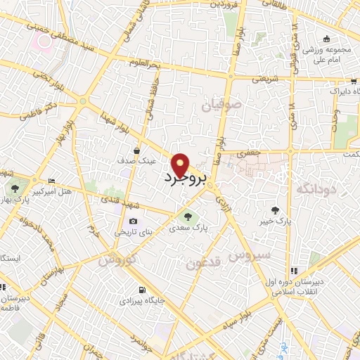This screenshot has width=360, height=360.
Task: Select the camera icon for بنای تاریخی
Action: pyautogui.click(x=133, y=221)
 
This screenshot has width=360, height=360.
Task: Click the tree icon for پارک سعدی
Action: pyautogui.click(x=187, y=216)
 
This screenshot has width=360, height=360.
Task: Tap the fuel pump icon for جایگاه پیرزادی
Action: pyautogui.click(x=143, y=290)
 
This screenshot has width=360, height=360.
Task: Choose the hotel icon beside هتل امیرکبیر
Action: pyautogui.click(x=51, y=181)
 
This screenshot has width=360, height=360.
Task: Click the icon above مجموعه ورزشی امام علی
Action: pyautogui.click(x=326, y=39)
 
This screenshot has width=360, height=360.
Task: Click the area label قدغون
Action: pyautogui.click(x=203, y=264)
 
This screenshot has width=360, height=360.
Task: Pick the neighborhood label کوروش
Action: pyautogui.click(x=115, y=259)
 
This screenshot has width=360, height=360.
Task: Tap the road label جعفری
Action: pyautogui.click(x=249, y=152)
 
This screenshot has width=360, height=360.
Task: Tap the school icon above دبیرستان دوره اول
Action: pyautogui.click(x=295, y=269)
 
